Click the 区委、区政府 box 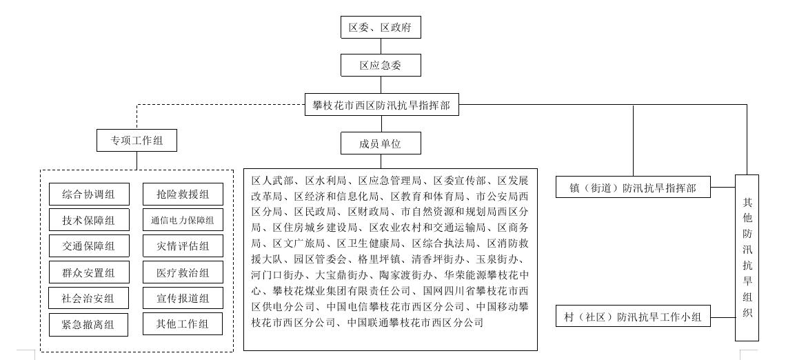pos(381,28)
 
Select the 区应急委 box pos(381,66)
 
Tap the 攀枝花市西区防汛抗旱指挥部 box pos(381,106)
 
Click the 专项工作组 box pos(137,141)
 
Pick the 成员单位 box pos(381,143)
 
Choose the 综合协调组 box pos(89,194)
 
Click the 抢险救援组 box pos(183,194)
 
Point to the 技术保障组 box pos(89,221)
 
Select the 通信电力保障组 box pos(183,221)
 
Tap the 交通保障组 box pos(89,246)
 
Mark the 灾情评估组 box pos(183,246)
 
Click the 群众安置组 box pos(89,272)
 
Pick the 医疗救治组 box pos(183,272)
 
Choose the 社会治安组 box pos(89,299)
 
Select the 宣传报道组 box pos(183,299)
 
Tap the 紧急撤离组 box pos(89,324)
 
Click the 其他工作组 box pos(183,324)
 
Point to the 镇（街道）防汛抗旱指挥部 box pos(633,188)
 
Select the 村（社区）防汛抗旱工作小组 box pos(633,317)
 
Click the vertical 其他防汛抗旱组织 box pos(747,257)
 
